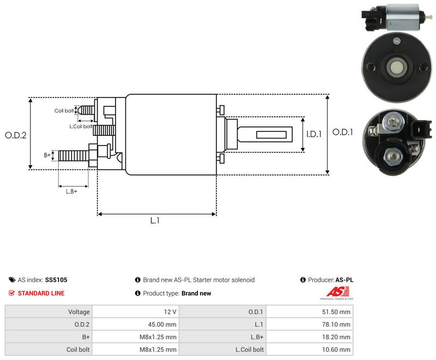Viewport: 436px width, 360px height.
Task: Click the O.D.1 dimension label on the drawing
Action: coord(343,132)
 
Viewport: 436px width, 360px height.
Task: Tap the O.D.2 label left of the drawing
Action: coord(16,135)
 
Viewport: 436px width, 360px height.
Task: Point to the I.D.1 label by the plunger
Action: coord(314,134)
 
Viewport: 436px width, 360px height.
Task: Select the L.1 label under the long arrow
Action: coord(155,220)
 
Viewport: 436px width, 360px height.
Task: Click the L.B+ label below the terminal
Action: coord(71,191)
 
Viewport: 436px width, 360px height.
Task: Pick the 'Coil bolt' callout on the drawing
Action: coord(64,111)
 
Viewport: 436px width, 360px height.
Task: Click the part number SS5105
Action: coord(56,280)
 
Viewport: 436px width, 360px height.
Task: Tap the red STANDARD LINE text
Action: coord(41,293)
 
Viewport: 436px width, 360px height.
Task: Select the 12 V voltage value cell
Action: coord(136,312)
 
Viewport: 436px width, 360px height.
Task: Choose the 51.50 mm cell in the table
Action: coord(310,312)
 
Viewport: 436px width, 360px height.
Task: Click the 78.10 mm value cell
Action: coord(310,325)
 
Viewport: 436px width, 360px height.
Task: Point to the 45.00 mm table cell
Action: coord(136,325)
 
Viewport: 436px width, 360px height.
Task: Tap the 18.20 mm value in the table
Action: coord(336,337)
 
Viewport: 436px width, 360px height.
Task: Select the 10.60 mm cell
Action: coord(310,350)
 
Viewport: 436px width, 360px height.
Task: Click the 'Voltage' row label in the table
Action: coord(79,312)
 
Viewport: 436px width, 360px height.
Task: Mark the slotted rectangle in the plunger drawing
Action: coord(271,135)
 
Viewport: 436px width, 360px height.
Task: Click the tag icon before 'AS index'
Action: coord(12,280)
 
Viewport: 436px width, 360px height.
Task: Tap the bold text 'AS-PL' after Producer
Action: coord(344,280)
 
